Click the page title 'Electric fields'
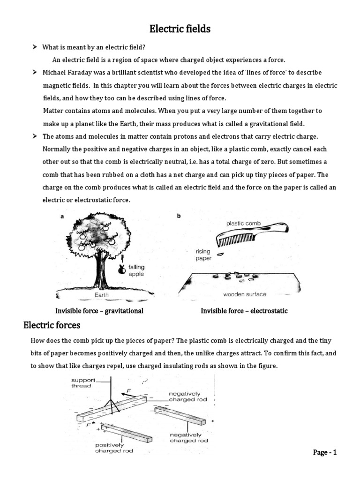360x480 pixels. [180, 30]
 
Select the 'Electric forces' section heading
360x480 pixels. [52, 325]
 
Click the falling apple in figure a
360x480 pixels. [122, 268]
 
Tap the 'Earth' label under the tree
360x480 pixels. [102, 295]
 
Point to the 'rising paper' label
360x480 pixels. [202, 255]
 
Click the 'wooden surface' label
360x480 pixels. [244, 294]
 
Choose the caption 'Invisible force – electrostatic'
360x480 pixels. [244, 311]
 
